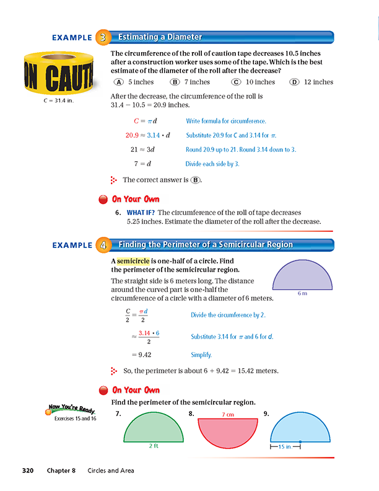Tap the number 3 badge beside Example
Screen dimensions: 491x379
[103, 37]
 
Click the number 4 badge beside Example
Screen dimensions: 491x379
[103, 245]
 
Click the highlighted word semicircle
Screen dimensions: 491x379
[133, 261]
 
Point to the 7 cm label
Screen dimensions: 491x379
[227, 414]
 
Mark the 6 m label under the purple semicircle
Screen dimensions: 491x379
[302, 294]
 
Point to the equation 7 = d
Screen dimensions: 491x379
[143, 164]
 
